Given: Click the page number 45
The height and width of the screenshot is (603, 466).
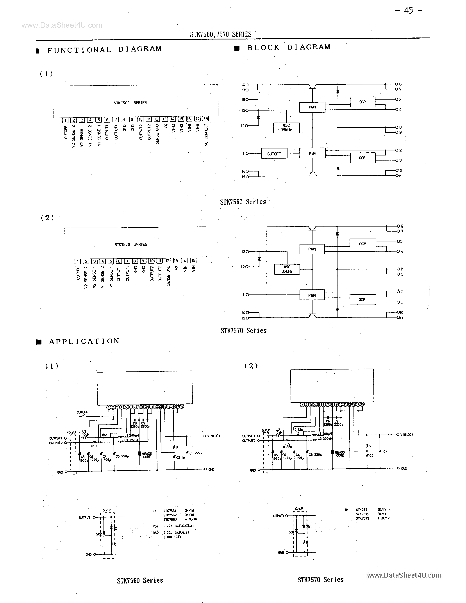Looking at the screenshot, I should [x=409, y=11].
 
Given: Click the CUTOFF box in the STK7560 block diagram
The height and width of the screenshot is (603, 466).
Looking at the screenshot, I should [x=274, y=154].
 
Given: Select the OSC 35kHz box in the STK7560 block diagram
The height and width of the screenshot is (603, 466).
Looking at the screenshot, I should [x=286, y=128].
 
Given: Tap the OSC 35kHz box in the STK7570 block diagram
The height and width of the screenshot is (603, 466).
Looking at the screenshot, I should [x=287, y=269].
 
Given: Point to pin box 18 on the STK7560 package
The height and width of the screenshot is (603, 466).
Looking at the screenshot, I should [x=206, y=119].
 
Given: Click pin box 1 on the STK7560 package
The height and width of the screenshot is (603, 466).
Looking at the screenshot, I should [x=65, y=120].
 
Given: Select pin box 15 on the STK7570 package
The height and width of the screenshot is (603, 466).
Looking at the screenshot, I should [x=193, y=261].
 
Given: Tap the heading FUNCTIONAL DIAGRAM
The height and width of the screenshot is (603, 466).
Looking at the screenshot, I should [x=104, y=49].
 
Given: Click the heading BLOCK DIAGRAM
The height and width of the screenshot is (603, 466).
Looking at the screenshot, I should [x=289, y=47].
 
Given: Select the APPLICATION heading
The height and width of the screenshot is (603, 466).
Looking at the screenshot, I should [x=84, y=342].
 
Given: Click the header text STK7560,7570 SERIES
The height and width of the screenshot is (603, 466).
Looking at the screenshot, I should [x=221, y=34].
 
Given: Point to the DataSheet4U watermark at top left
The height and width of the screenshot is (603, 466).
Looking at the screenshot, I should [x=62, y=25].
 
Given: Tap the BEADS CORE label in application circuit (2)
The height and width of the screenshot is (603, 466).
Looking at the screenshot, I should [x=340, y=454].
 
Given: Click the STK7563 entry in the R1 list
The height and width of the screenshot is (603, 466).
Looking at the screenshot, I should [x=170, y=519].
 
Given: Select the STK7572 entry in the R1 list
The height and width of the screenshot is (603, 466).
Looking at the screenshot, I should [x=362, y=514].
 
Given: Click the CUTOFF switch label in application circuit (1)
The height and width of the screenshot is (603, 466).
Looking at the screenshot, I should [x=82, y=412].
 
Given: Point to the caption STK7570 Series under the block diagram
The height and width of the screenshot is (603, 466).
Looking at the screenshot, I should [x=243, y=330].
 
